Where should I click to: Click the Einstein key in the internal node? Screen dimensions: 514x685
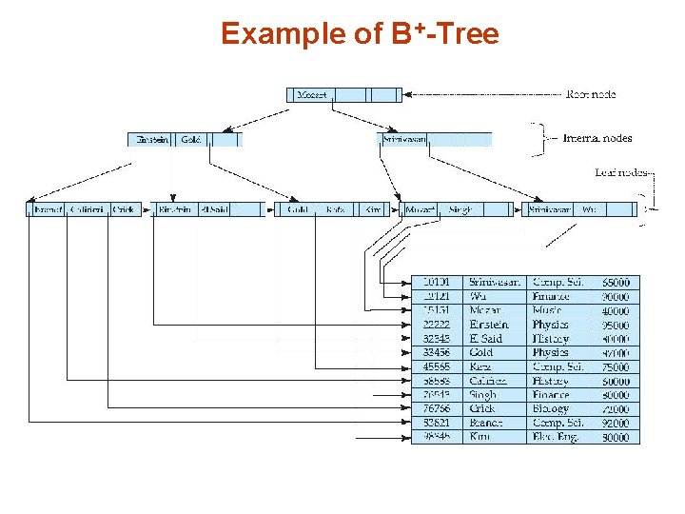[x=152, y=139]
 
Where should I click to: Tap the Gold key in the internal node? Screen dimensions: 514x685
[x=190, y=139]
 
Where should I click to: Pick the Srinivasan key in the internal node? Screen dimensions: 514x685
[x=404, y=139]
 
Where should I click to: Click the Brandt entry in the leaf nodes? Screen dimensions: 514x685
[x=47, y=209]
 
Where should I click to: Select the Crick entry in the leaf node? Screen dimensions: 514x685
[x=124, y=209]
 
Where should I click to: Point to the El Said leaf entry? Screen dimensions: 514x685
[x=214, y=209]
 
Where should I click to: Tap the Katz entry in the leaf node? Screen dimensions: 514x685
[x=335, y=209]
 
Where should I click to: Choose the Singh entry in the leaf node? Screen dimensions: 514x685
[x=460, y=209]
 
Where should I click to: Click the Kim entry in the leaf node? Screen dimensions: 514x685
[x=372, y=209]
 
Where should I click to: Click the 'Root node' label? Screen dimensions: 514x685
[x=591, y=94]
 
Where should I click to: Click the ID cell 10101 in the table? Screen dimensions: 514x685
[x=438, y=283]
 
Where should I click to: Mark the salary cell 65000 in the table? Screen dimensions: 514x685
[x=615, y=283]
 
